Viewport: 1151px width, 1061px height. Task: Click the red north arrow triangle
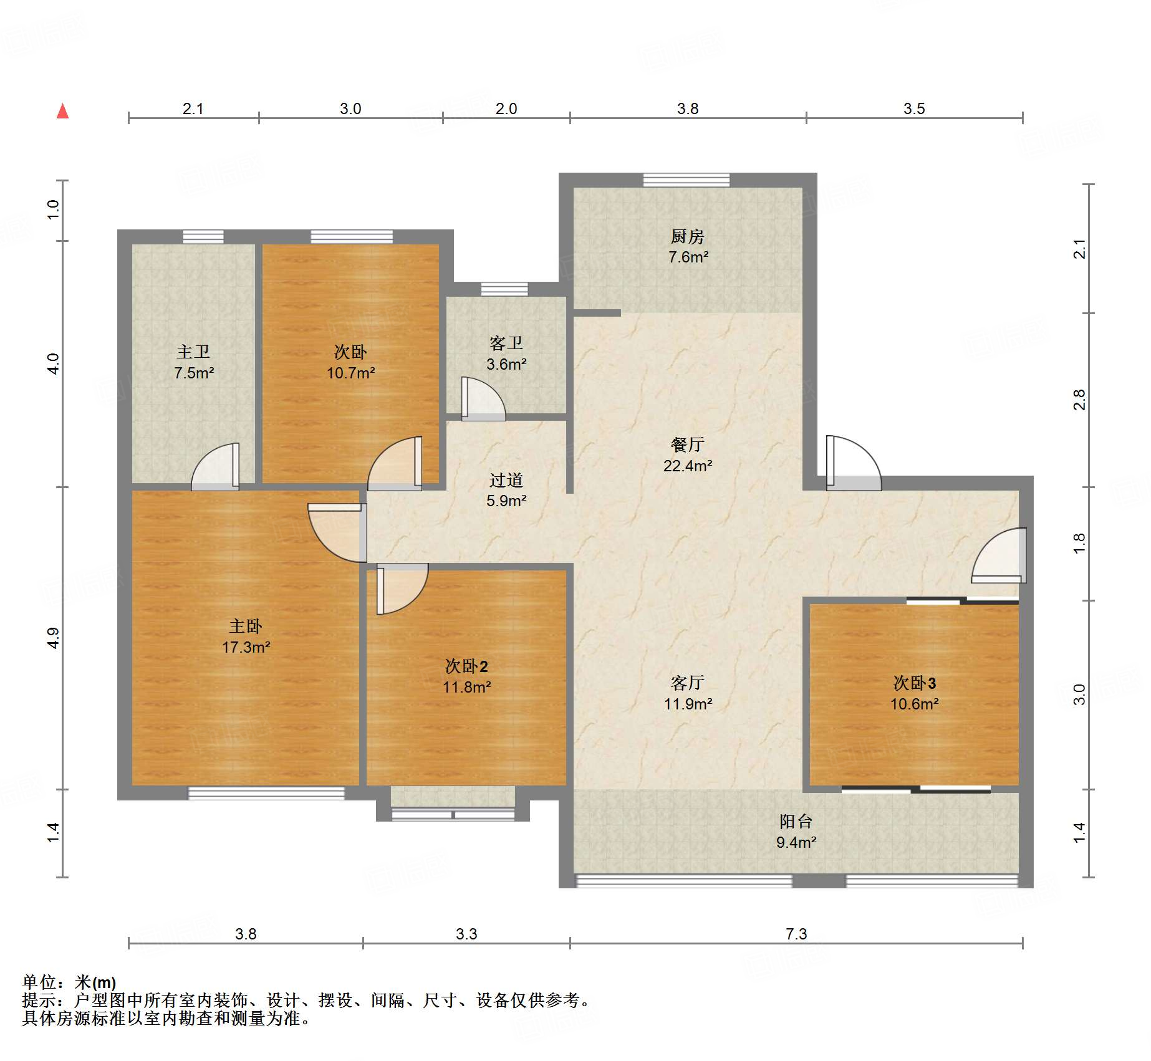click(62, 111)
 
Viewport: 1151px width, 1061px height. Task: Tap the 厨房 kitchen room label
click(687, 236)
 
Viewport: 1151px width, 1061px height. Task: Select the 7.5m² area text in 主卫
click(194, 373)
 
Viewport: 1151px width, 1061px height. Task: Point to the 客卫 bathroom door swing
click(483, 399)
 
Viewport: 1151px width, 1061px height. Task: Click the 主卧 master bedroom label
click(246, 626)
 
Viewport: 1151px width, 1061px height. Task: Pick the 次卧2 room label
click(466, 666)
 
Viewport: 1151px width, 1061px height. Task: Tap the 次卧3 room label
click(915, 683)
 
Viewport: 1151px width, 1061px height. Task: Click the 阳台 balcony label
click(796, 821)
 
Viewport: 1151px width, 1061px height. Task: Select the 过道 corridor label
click(506, 479)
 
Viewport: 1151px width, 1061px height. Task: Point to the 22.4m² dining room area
click(688, 466)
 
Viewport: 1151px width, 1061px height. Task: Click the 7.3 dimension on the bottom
click(796, 933)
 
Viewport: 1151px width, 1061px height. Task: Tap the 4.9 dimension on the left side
click(54, 638)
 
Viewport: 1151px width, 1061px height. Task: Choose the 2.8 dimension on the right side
click(1079, 400)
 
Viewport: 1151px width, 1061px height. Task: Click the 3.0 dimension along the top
click(350, 108)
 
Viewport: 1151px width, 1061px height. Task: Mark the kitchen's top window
click(686, 180)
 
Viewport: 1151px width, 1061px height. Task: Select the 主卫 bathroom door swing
click(215, 467)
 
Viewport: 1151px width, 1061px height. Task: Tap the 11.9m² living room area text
click(688, 704)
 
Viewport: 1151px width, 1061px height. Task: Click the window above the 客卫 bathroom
click(504, 289)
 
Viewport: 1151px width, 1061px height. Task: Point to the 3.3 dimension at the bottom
click(466, 933)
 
